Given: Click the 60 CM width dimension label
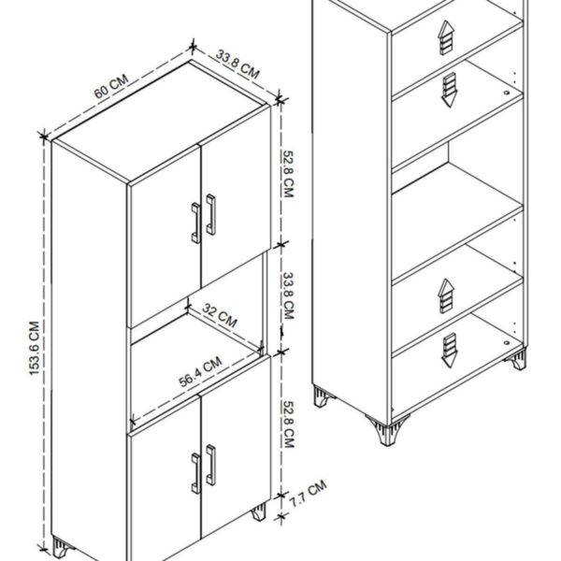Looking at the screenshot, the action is (111, 87).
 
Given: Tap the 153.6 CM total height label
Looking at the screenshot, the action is (35, 348).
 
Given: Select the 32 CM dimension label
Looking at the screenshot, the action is (220, 314).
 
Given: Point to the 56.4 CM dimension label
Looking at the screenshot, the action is (200, 371).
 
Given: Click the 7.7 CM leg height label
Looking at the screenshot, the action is (308, 494).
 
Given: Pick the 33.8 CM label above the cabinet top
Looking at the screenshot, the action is (237, 65).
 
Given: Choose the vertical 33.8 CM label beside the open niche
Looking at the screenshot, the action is (288, 295).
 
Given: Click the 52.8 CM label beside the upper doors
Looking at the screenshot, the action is (288, 174).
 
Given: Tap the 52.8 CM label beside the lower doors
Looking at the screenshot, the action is (288, 424).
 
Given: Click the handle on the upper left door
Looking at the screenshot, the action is (195, 223).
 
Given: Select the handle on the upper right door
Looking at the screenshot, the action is (211, 215).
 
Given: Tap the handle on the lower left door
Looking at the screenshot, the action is (195, 473).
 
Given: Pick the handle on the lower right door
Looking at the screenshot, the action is (211, 465).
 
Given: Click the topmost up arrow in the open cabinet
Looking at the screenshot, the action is (446, 37).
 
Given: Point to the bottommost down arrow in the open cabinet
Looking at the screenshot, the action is (450, 350).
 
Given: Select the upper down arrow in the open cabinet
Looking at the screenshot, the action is (450, 90).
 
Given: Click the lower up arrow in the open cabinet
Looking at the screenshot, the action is (446, 295).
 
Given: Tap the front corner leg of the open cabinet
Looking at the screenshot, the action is (387, 430).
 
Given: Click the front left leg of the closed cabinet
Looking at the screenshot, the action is (63, 548).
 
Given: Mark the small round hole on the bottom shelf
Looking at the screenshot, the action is (507, 343).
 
